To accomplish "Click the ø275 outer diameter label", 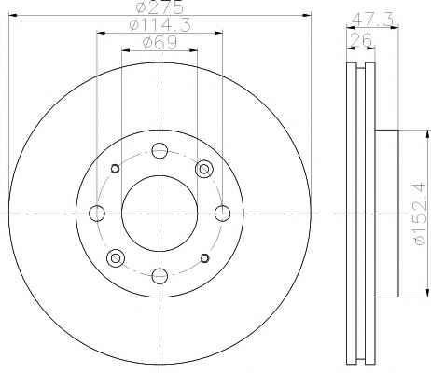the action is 160,7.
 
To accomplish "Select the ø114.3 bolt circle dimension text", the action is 160,24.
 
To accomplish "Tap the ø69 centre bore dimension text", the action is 160,42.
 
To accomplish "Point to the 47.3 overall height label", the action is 374,21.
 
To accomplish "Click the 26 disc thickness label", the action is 361,39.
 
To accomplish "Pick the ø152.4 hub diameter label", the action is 420,214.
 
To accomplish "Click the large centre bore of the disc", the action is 160,214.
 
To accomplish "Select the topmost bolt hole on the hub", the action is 160,150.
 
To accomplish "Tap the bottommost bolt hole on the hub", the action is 160,276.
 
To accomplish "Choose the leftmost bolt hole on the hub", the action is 97,214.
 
